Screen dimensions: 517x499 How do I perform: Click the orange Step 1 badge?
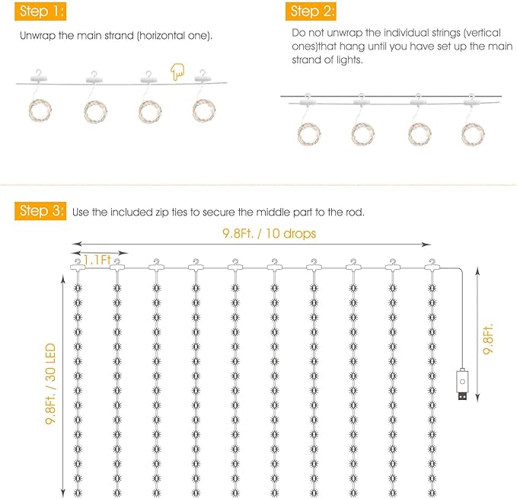[x=40, y=11]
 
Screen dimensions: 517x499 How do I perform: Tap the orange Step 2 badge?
[x=311, y=11]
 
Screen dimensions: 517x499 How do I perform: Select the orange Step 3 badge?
[x=40, y=211]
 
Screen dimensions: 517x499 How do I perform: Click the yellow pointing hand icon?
[x=177, y=72]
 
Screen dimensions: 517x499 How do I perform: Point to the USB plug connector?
[x=462, y=395]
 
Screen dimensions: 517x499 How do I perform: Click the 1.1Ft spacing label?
[x=97, y=260]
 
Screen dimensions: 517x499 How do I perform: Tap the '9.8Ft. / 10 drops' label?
[x=269, y=233]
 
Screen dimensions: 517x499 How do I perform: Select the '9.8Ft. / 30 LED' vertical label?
[x=50, y=384]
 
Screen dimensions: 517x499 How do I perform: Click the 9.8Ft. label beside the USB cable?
[x=487, y=339]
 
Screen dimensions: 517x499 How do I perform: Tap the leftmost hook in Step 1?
[x=39, y=76]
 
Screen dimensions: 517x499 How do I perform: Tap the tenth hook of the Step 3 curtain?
[x=432, y=265]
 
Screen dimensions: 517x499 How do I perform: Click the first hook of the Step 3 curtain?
[x=78, y=265]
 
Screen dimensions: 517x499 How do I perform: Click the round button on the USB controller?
[x=462, y=382]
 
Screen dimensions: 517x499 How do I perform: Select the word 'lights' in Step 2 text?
[x=349, y=59]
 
